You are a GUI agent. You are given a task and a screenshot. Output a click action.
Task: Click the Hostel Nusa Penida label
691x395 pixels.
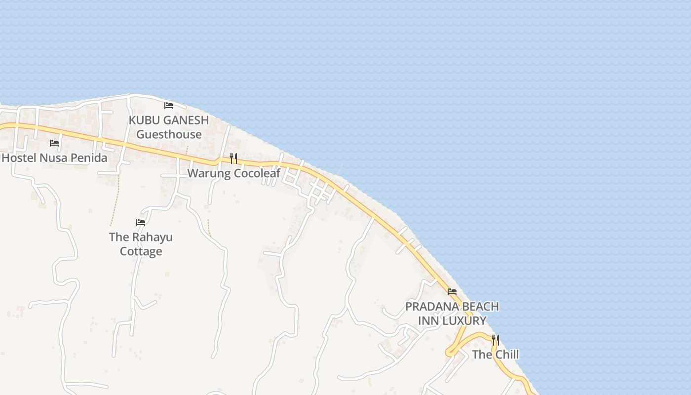click(54, 158)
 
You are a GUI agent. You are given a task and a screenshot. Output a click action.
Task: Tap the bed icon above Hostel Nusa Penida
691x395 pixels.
click(54, 143)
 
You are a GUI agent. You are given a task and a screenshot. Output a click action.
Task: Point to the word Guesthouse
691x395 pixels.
click(169, 134)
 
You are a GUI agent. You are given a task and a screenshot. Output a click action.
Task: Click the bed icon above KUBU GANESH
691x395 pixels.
click(169, 105)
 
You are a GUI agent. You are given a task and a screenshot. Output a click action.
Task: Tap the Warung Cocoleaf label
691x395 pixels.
click(233, 173)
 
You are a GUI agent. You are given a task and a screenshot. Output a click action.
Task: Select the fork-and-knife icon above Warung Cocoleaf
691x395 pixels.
click(233, 158)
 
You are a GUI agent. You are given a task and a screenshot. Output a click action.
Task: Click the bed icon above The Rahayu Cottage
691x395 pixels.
click(141, 223)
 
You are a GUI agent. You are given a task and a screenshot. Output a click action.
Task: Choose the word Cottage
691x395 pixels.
click(141, 251)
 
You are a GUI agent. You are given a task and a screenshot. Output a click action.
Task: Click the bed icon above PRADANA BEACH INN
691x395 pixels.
click(452, 292)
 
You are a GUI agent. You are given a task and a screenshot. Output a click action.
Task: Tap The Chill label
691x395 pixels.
click(495, 355)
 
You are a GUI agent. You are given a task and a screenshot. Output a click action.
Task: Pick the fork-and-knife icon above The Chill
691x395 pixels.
click(495, 340)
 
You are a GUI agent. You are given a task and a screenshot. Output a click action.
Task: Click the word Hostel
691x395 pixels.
click(19, 158)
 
